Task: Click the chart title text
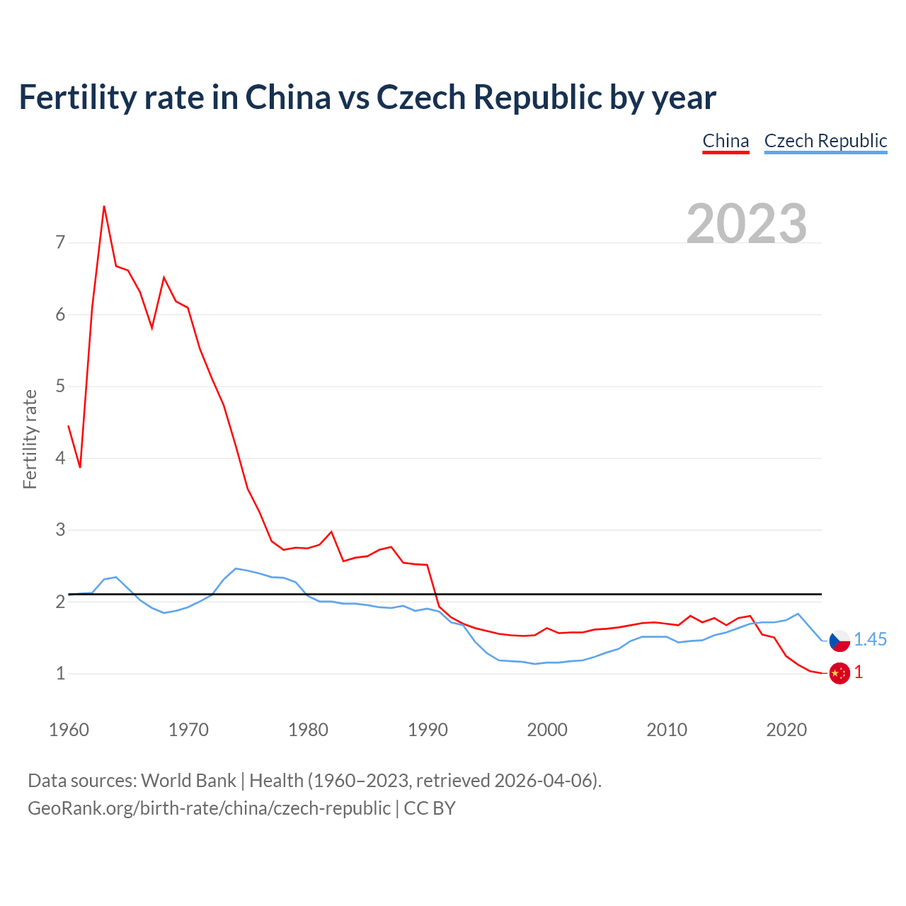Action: pos(367,98)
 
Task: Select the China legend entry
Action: pos(726,142)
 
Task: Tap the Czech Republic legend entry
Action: pos(825,142)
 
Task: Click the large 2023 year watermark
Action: pos(747,224)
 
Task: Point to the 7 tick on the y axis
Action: pos(60,243)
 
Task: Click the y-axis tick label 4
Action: pos(60,458)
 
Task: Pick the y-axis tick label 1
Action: pos(60,673)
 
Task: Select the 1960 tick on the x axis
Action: pos(69,730)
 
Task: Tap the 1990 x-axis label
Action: pos(428,730)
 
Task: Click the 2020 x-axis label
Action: pos(786,730)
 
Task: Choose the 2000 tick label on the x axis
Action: pos(547,730)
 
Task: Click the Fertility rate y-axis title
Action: pos(30,439)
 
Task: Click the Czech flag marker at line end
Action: pos(839,640)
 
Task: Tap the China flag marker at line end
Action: pos(839,673)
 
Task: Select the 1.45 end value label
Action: pos(870,640)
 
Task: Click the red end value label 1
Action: pos(859,672)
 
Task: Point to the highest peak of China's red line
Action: pos(104,207)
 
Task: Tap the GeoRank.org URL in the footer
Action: pos(209,808)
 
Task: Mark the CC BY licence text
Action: pos(430,808)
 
